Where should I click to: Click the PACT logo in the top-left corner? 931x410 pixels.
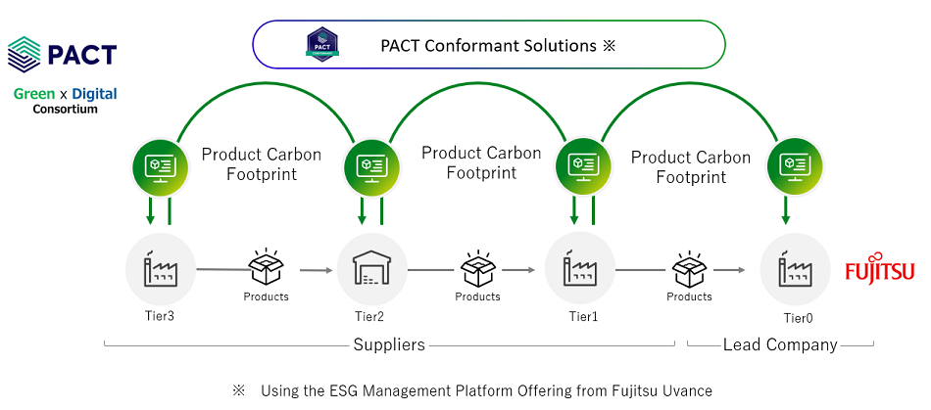[62, 54]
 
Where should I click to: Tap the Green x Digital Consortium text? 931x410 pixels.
[65, 101]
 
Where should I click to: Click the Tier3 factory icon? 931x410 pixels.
[161, 268]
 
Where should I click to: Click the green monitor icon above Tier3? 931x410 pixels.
[159, 165]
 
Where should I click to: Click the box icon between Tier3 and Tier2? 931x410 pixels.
[267, 266]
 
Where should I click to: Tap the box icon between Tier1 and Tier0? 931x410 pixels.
[690, 266]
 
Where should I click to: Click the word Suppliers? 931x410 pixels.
[390, 344]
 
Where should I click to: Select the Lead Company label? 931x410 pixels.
[780, 344]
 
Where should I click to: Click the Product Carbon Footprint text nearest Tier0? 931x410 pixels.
[691, 167]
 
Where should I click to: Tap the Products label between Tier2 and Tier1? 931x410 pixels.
[478, 296]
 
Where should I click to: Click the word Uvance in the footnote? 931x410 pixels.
[687, 390]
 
